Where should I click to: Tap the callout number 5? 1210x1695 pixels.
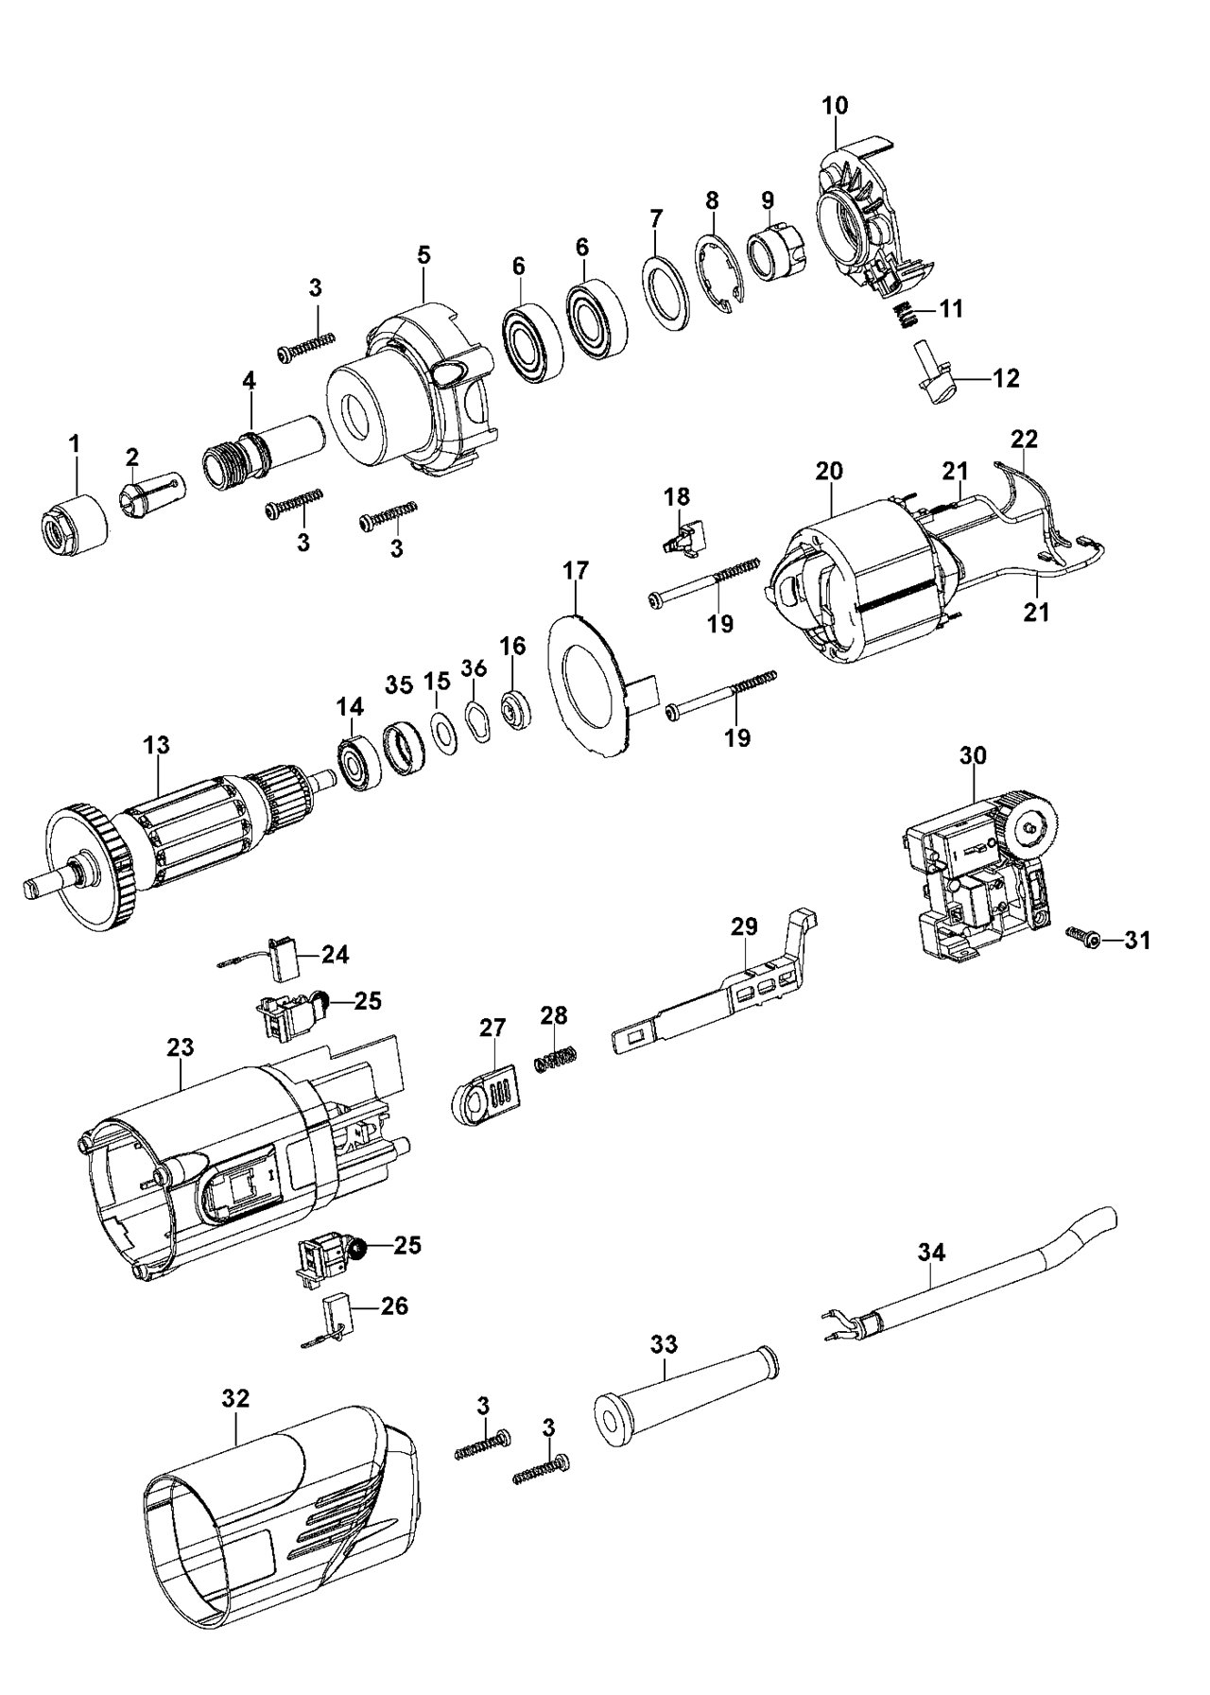[423, 254]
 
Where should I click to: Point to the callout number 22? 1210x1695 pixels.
[1024, 440]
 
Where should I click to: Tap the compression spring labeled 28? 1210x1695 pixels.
[556, 1058]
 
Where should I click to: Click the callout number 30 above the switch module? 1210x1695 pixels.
[973, 755]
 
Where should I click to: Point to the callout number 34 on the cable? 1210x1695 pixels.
[931, 1253]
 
